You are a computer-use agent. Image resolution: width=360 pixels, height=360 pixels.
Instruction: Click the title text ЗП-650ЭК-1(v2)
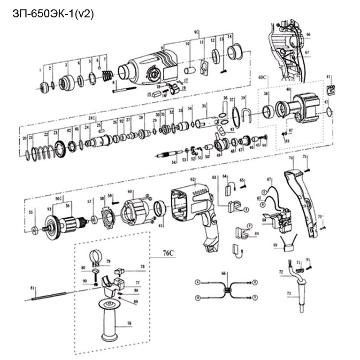(53, 14)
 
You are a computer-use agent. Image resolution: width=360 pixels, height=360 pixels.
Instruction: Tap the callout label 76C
(169, 254)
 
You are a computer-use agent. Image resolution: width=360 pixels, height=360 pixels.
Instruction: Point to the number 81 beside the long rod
(32, 288)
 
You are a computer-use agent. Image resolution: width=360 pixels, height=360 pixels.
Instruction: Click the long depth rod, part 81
(49, 296)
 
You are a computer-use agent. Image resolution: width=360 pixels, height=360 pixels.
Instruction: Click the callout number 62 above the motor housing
(192, 179)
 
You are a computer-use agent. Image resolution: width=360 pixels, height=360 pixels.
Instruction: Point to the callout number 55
(31, 212)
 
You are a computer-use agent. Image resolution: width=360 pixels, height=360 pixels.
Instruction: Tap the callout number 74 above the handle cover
(291, 158)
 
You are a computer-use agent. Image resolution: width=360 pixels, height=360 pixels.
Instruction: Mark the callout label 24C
(92, 117)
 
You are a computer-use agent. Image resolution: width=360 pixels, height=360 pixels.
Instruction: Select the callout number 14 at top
(230, 36)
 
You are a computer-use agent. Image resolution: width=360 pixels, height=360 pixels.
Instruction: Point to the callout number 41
(329, 76)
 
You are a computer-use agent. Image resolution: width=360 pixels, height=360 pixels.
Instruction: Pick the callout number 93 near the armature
(49, 209)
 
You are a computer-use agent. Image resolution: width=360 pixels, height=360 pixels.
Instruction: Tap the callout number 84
(257, 233)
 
